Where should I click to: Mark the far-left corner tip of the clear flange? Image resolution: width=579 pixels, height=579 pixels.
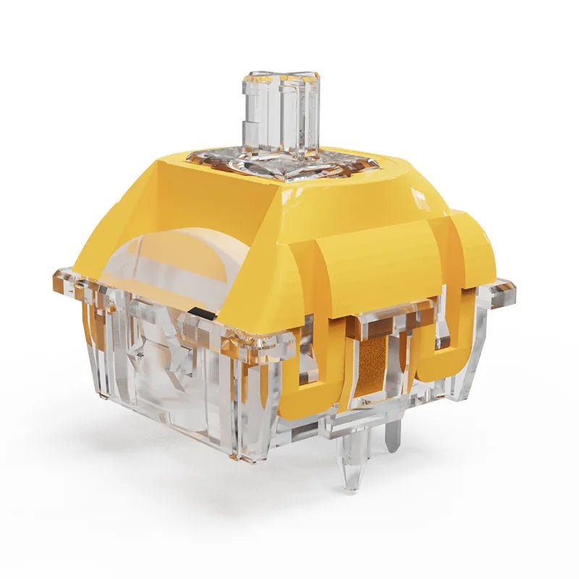point(56,275)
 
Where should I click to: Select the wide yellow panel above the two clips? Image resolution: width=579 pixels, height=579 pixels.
point(362,268)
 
